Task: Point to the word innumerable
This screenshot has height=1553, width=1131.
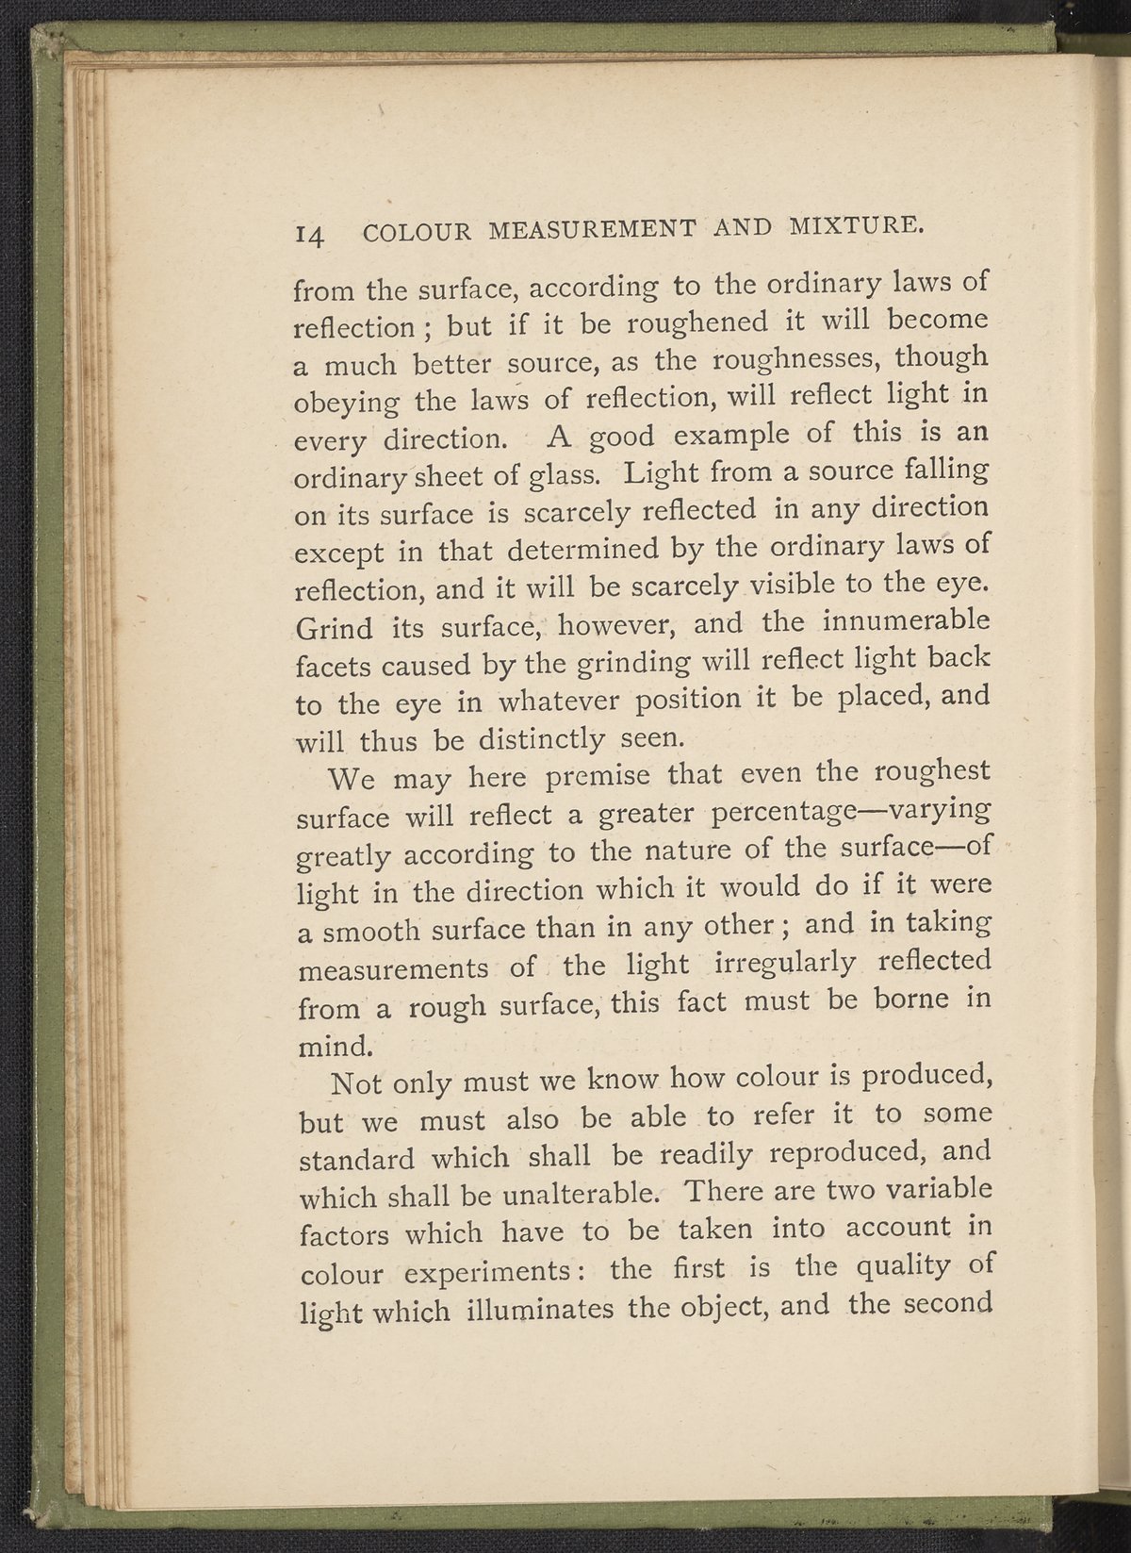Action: coord(905,622)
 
